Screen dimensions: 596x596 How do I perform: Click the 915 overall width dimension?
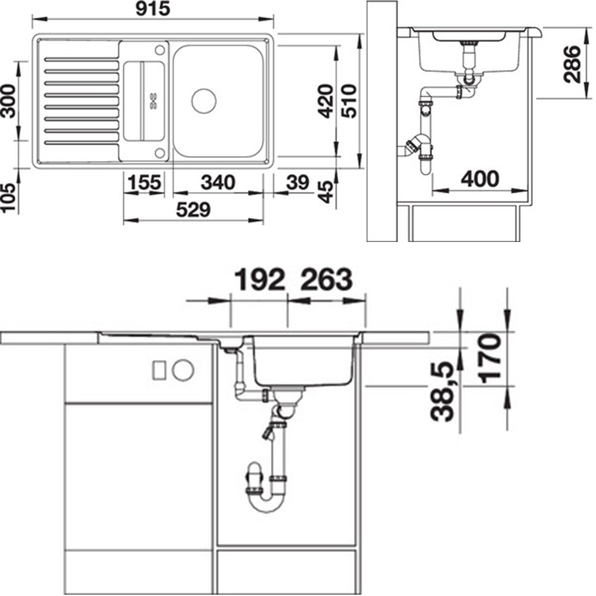pos(153,9)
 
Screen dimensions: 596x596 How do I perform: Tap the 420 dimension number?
pos(326,101)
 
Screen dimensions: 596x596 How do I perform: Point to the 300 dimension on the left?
pos(8,101)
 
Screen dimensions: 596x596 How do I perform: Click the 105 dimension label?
pos(8,197)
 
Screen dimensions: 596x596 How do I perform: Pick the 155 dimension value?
pos(144,182)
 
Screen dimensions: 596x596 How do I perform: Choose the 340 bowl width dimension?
pos(218,182)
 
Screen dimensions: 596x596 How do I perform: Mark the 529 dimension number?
pos(193,210)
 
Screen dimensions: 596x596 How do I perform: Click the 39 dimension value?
pos(297,182)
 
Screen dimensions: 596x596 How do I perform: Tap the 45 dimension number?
pos(326,192)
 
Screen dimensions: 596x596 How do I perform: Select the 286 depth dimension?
pos(572,64)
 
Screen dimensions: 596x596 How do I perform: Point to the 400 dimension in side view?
pos(480,179)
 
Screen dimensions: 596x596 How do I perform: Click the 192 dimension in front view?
pos(260,280)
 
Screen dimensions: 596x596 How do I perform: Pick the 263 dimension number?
pos(327,280)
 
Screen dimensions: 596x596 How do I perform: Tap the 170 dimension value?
pos(489,358)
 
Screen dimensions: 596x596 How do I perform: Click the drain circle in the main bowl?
pos(204,101)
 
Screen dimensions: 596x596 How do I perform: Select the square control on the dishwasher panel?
pos(159,370)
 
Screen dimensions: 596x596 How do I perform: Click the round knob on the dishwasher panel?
pos(183,370)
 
